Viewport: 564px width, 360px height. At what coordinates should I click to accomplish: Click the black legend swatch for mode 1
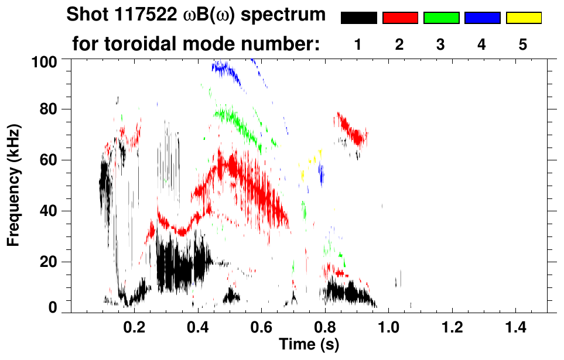click(358, 18)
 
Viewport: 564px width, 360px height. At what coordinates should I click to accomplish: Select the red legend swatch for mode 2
click(400, 18)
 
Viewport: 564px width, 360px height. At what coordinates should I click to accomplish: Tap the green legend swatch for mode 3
click(441, 18)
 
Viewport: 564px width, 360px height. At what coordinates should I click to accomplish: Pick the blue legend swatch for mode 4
click(482, 18)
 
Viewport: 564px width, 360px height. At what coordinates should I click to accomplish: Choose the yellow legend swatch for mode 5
click(523, 18)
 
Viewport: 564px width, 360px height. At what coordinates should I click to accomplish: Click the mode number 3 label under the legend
click(441, 44)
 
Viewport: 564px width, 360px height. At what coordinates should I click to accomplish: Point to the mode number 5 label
click(523, 44)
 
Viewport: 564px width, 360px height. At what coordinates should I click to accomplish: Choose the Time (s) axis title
click(309, 345)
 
